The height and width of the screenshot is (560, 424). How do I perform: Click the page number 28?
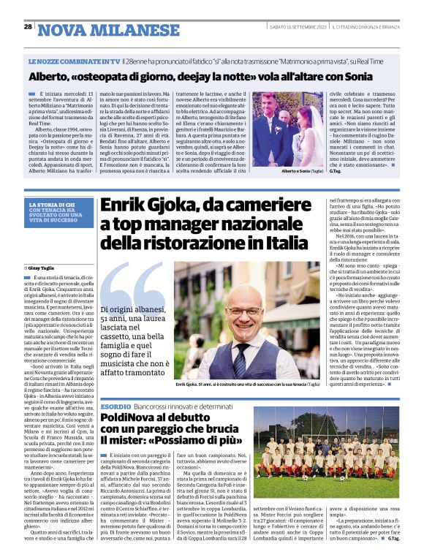click(28, 27)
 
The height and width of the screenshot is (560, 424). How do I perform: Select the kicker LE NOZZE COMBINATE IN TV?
click(73, 64)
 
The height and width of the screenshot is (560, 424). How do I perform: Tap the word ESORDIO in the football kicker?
click(115, 405)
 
